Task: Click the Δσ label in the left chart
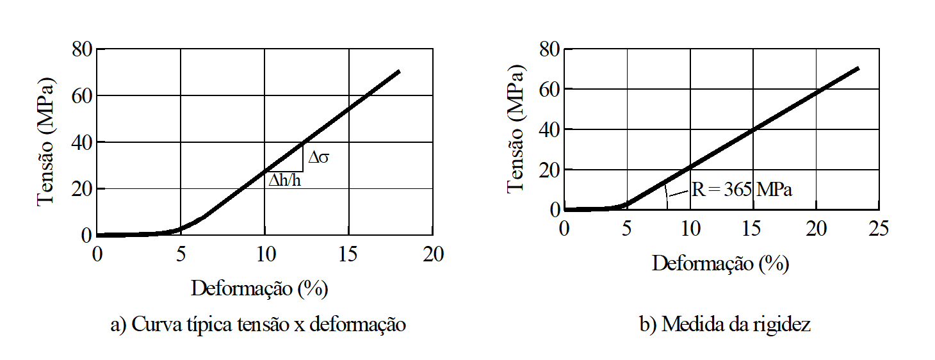pos(318,158)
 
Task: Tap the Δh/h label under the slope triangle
pos(285,181)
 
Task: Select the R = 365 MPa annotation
pos(741,190)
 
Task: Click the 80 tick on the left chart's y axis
pos(83,49)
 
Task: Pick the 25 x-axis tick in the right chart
pos(879,229)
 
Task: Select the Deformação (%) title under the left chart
pos(259,289)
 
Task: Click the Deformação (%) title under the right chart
pos(720,263)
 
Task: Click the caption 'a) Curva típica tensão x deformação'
pos(258,325)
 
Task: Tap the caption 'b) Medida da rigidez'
pos(725,325)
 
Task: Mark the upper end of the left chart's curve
pos(398,71)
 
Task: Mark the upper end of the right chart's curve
pos(857,68)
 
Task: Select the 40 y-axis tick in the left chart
pos(83,142)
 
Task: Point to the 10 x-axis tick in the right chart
pos(690,229)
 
